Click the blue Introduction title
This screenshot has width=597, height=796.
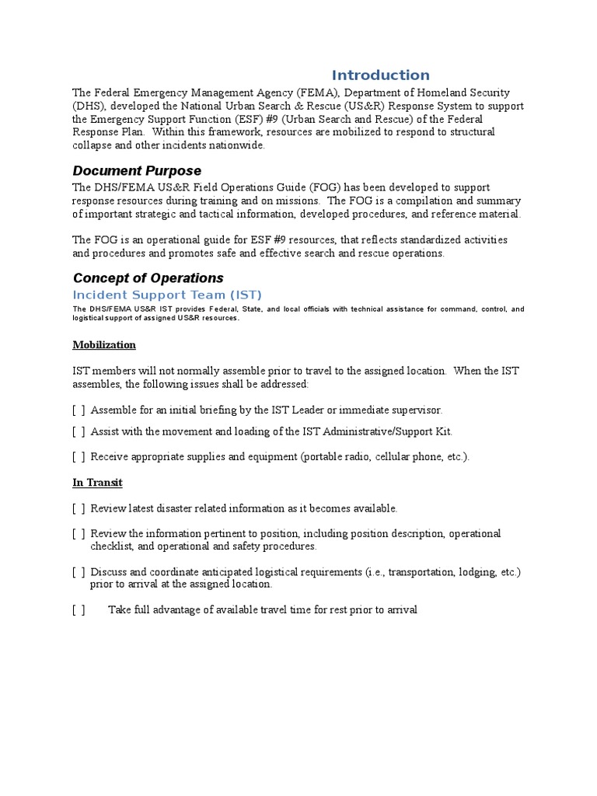pyautogui.click(x=380, y=75)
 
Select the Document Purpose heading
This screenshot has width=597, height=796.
pyautogui.click(x=137, y=170)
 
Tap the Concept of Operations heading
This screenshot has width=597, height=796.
pyautogui.click(x=148, y=278)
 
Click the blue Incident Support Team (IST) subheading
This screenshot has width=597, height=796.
pyautogui.click(x=167, y=295)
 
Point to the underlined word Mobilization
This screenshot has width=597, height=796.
pyautogui.click(x=104, y=344)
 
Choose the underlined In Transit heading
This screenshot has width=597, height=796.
pyautogui.click(x=97, y=482)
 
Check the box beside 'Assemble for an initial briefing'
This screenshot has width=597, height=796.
pyautogui.click(x=79, y=410)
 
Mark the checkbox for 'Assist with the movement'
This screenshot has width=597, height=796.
pyautogui.click(x=79, y=431)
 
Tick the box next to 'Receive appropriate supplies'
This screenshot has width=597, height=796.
pyautogui.click(x=79, y=456)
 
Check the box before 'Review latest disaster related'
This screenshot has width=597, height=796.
pyautogui.click(x=79, y=508)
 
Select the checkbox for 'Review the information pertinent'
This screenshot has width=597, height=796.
pyautogui.click(x=79, y=534)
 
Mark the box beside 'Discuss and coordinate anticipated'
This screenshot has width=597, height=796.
pyautogui.click(x=79, y=572)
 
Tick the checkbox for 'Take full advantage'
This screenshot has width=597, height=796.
pyautogui.click(x=79, y=610)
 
